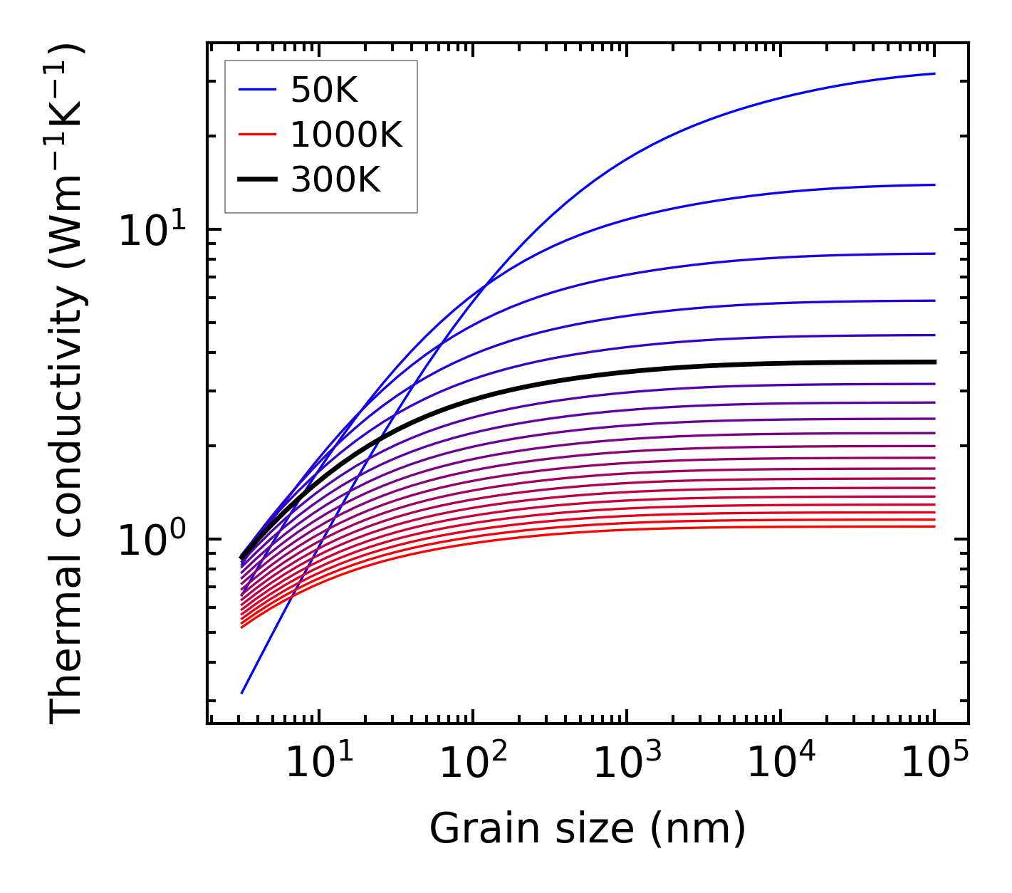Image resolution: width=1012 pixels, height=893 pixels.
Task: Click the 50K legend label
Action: click(324, 90)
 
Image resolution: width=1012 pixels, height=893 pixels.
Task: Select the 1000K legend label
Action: click(346, 135)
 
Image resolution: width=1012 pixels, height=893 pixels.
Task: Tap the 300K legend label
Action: click(335, 180)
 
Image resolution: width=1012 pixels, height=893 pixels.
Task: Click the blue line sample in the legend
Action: click(256, 90)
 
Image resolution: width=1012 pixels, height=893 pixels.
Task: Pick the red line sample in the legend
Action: click(256, 135)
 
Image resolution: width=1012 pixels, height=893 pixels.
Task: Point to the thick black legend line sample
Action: click(256, 179)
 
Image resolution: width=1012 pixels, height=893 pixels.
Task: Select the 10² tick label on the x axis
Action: click(472, 765)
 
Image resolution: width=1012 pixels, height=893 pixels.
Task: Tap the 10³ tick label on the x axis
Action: click(626, 765)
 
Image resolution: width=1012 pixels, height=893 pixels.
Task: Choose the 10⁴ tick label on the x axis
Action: click(781, 765)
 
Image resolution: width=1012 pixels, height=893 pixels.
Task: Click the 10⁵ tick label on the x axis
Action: click(934, 765)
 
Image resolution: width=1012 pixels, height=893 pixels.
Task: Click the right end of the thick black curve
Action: click(934, 362)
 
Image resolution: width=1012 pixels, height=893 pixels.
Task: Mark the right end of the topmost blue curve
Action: click(934, 73)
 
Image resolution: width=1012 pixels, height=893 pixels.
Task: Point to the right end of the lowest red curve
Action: click(934, 526)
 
